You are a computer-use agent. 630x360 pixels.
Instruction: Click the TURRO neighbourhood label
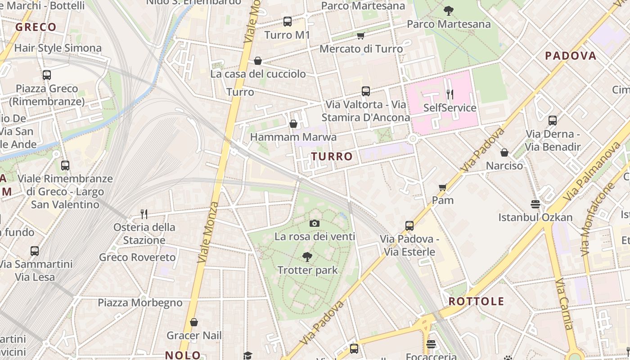(x=332, y=157)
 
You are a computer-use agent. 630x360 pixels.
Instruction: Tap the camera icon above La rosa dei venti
(x=315, y=223)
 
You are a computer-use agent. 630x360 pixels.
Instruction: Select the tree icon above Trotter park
(x=307, y=257)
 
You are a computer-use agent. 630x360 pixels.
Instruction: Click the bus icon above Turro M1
(x=287, y=21)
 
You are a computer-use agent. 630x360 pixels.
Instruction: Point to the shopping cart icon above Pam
(x=442, y=187)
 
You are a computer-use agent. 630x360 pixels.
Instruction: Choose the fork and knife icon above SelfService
(x=450, y=94)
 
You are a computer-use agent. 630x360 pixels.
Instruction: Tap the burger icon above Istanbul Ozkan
(x=535, y=204)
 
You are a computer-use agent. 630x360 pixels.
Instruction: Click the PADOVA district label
(x=571, y=56)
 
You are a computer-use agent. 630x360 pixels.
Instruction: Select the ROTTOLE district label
(x=477, y=301)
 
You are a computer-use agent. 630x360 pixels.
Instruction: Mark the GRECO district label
(x=36, y=27)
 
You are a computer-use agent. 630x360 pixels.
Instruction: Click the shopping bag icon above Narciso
(x=504, y=153)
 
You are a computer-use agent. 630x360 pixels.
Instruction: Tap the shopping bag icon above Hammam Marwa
(x=293, y=124)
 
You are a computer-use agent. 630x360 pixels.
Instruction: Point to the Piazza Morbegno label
(x=140, y=302)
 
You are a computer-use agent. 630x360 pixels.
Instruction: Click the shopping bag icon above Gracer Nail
(x=194, y=322)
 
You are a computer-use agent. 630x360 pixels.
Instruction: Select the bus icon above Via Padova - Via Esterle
(x=409, y=225)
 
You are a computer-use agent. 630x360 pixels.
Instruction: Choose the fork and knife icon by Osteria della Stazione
(x=144, y=214)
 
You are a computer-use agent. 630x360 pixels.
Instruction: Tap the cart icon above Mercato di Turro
(x=360, y=36)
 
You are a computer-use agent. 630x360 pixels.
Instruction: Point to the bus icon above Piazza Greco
(x=46, y=75)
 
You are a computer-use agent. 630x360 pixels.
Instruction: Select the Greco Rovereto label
(x=137, y=257)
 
